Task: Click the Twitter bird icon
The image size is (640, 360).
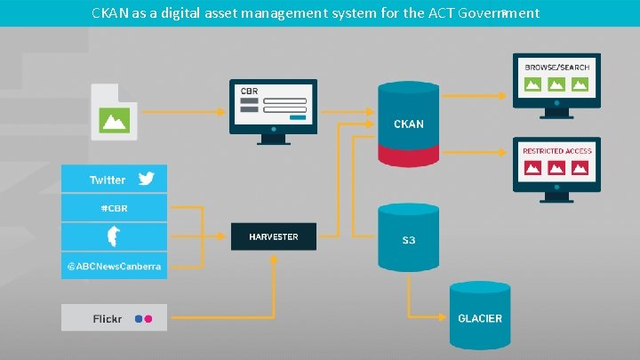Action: (146, 179)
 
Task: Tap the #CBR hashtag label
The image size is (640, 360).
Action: (113, 209)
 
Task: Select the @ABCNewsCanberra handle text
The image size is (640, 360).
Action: (113, 267)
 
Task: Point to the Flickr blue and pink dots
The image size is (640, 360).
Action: (143, 318)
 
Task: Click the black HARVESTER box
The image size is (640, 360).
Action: (273, 236)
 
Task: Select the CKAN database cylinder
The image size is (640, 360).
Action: (409, 124)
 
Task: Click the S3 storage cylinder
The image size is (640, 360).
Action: (409, 240)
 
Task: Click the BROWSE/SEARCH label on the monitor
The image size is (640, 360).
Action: (556, 68)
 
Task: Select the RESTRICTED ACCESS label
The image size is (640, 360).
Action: (556, 151)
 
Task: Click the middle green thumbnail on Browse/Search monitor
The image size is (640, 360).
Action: (556, 85)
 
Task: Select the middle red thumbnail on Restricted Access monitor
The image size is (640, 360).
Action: (556, 169)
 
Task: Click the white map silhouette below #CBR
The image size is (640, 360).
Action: (113, 237)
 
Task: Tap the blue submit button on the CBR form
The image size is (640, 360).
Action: (298, 117)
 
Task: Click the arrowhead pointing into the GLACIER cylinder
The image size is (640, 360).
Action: (444, 317)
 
